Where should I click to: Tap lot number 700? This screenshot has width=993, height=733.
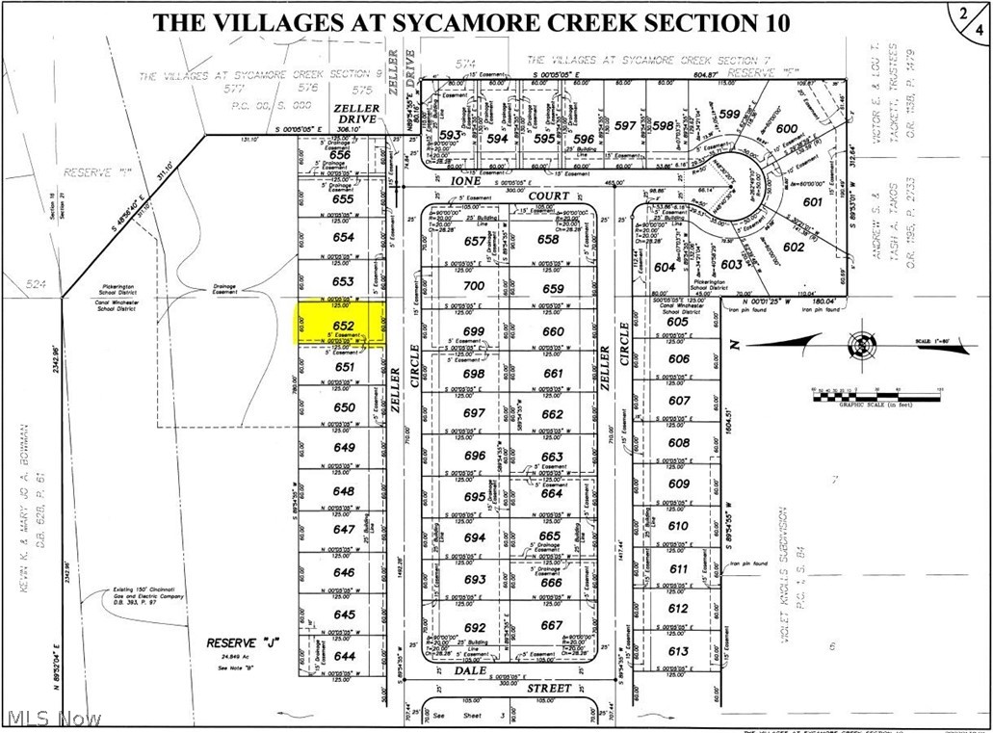474,287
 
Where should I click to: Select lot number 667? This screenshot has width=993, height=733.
552,624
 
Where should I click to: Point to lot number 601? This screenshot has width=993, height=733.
812,201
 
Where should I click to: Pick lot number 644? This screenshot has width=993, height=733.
344,656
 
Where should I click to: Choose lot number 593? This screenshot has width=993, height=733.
451,135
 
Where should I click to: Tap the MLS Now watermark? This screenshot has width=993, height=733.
52,719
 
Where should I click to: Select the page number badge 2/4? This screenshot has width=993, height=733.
972,22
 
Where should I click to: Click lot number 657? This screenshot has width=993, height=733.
474,241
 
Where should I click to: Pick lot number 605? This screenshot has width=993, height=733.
678,322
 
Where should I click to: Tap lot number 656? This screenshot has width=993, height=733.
340,154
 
